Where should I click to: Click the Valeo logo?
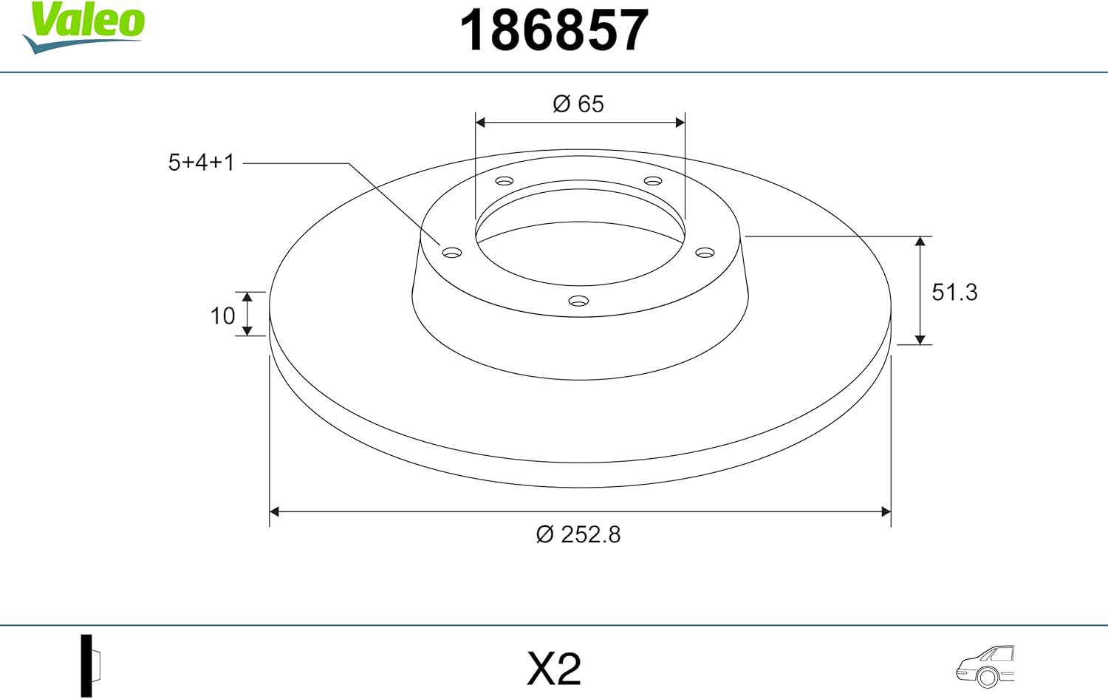click(83, 27)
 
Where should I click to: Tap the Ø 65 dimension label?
click(578, 104)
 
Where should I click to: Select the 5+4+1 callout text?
click(202, 163)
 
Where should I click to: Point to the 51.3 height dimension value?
click(954, 293)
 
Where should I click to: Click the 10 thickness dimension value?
click(222, 316)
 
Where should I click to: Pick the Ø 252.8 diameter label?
click(578, 534)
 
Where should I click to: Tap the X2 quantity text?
click(554, 669)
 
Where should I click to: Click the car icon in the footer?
click(985, 666)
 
